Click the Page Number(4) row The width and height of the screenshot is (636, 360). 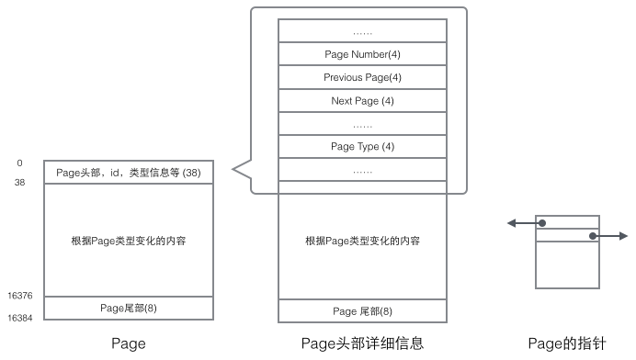point(362,54)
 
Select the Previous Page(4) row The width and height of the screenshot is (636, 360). point(362,77)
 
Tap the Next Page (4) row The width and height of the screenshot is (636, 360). point(362,100)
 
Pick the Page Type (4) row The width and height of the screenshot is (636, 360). point(362,146)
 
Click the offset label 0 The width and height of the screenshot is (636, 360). point(19,163)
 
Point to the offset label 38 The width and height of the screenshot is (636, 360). point(20,183)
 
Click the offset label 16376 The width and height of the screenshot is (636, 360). point(20,296)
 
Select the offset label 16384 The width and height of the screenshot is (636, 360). point(20,318)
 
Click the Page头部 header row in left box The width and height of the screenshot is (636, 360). point(128,172)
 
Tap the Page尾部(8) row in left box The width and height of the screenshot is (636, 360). point(128,308)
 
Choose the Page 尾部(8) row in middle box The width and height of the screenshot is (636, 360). point(362,311)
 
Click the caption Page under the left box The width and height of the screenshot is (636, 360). point(128,343)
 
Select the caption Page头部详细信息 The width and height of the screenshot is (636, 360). point(362,343)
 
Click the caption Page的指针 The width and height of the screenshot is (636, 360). point(567,343)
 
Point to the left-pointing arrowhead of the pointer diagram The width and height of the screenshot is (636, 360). point(511,223)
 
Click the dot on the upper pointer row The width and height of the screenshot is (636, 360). point(543,223)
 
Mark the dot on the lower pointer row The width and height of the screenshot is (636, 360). point(593,236)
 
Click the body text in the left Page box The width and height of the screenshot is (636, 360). point(128,241)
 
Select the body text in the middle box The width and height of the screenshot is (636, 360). point(362,241)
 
